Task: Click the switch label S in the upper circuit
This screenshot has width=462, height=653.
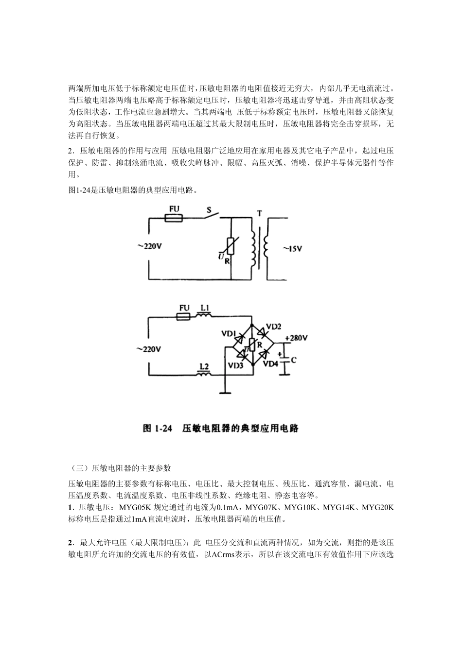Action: click(x=209, y=210)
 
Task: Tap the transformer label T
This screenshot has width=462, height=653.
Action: click(x=259, y=213)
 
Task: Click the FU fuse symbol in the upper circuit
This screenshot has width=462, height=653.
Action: click(x=174, y=219)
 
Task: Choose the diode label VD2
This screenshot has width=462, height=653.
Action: click(x=273, y=327)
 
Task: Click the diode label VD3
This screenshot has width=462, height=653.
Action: click(x=235, y=365)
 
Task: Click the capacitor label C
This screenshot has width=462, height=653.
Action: click(x=293, y=360)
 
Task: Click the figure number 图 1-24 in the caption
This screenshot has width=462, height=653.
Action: click(x=158, y=428)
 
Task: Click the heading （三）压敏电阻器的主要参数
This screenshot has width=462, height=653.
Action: click(x=120, y=468)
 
